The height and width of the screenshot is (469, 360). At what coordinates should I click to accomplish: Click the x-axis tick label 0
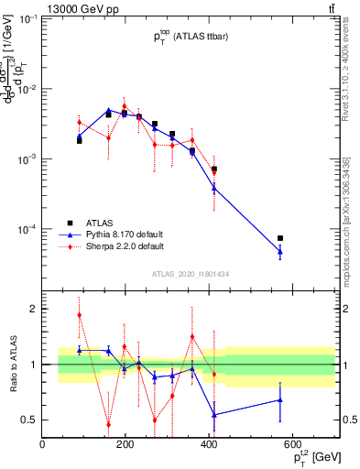43,445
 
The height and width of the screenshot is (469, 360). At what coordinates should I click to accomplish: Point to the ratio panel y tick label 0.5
29,420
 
